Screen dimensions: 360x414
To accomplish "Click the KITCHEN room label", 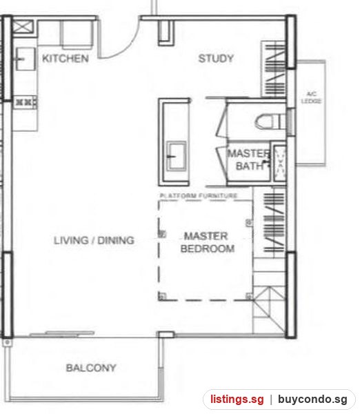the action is point(66,59).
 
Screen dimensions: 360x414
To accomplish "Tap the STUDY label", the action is point(216,59).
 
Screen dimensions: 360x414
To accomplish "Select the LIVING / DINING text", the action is point(94,240).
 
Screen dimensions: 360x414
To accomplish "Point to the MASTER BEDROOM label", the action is point(207,242).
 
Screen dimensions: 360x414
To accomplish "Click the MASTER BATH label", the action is point(248,160).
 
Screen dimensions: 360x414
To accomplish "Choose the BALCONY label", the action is point(91,368).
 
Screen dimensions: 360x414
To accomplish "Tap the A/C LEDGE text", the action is point(312,97).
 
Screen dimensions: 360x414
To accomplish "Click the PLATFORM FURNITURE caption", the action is point(199,196).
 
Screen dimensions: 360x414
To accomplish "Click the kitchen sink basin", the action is point(26,59).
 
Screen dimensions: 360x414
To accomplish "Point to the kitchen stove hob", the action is point(25,102).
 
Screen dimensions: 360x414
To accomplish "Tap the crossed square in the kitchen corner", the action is point(23,27).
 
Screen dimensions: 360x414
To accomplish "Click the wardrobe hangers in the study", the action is point(274,70).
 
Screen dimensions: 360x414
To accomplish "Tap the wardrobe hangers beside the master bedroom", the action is point(274,222).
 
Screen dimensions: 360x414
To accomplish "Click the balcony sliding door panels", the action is point(62,334).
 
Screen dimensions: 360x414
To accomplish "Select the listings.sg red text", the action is point(237,400).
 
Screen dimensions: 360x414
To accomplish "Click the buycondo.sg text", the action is point(312,400).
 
